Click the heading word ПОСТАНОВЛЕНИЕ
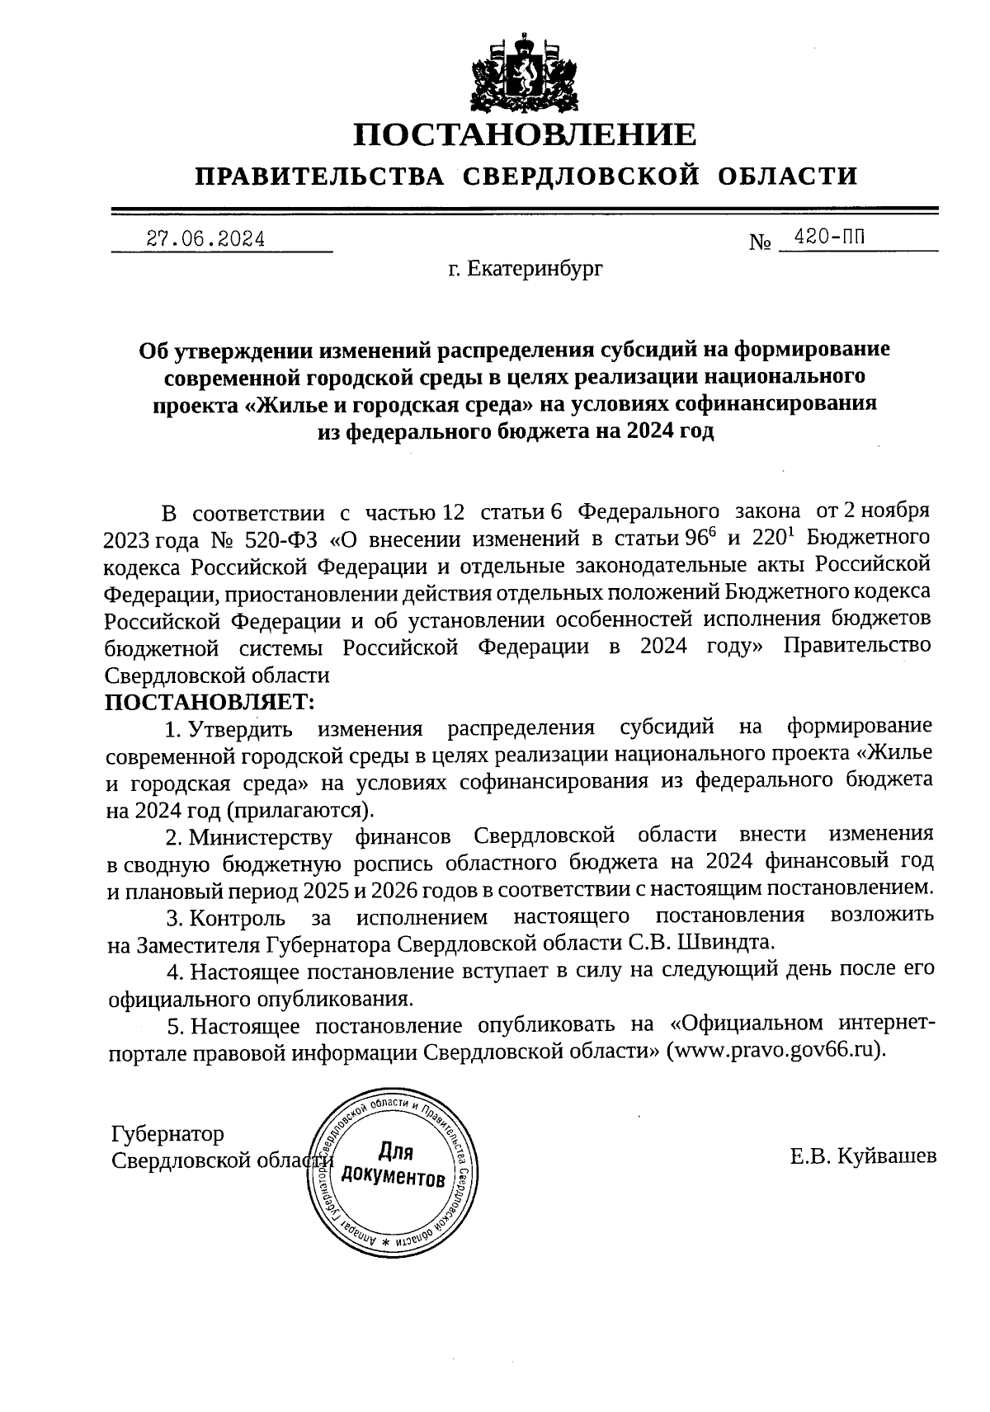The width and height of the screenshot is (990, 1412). coord(525,134)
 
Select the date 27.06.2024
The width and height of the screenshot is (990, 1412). coord(205,239)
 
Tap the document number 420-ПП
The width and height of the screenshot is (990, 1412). coord(828,238)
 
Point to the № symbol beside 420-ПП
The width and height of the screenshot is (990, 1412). coord(760,242)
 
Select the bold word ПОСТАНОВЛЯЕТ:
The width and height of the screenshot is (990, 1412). coord(210,702)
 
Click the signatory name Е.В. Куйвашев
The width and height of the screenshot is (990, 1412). coord(862,1156)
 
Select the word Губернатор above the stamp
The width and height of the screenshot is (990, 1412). coord(167,1134)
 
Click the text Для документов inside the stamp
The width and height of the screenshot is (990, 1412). coord(394,1164)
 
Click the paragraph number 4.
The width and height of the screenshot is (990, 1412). coord(172,971)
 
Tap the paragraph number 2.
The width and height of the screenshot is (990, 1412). coord(172,837)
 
